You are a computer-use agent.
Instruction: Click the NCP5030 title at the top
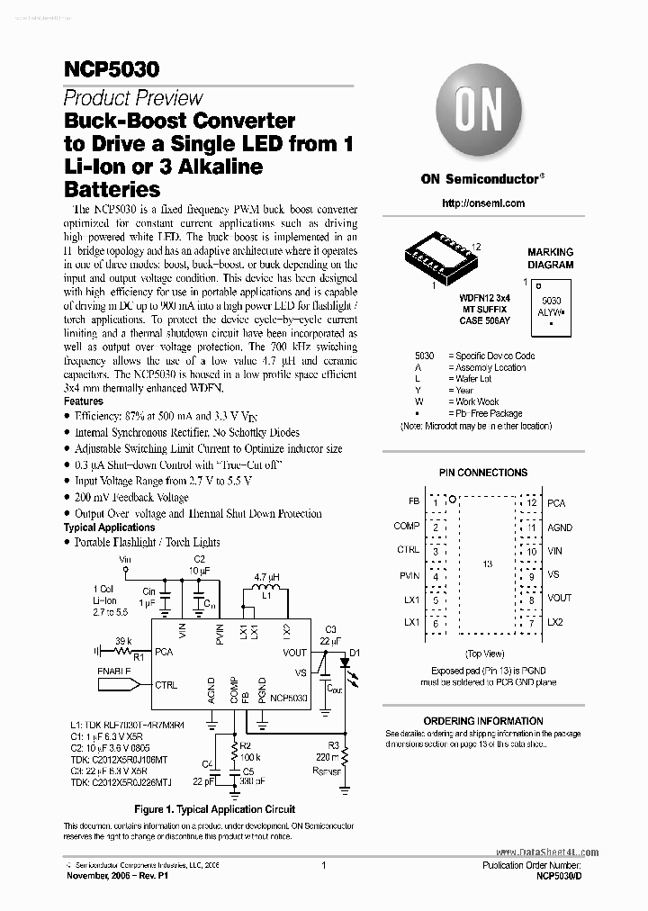(99, 70)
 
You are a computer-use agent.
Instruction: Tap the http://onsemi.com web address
(483, 203)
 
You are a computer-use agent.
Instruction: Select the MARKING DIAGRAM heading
(550, 258)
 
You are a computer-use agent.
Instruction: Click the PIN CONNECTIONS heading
(483, 473)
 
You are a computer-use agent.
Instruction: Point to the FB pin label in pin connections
(413, 501)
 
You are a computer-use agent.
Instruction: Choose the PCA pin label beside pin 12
(556, 501)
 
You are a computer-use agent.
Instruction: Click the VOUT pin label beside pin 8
(560, 598)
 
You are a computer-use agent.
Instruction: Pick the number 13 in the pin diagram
(489, 564)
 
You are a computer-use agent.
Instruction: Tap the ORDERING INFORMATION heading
(483, 721)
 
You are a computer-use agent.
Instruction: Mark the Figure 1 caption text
(215, 809)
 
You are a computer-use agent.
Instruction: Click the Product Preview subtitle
(133, 99)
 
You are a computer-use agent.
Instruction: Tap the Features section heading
(84, 401)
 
